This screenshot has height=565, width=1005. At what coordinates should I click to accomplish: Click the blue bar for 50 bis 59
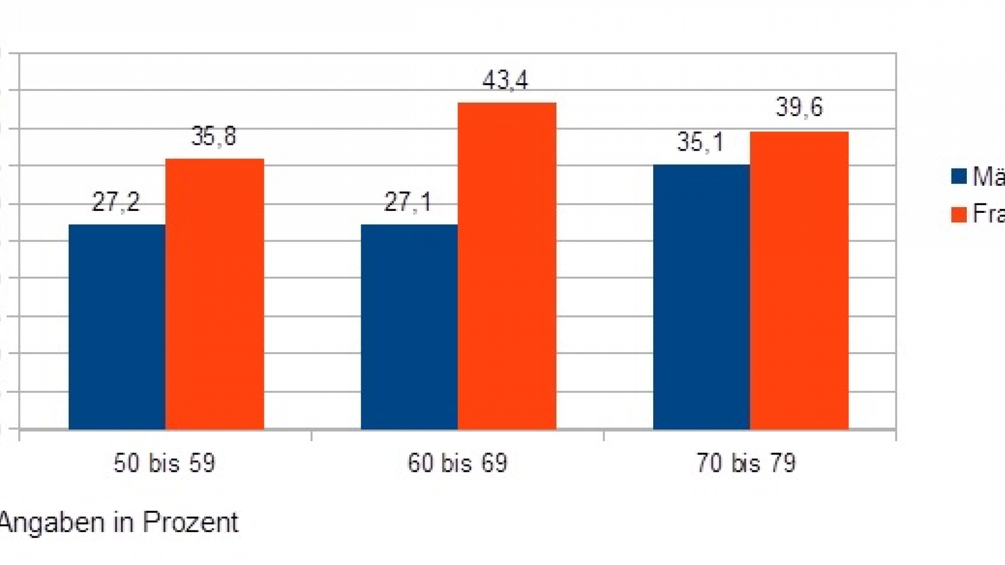click(117, 327)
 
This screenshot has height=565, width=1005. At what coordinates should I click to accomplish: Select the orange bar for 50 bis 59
click(215, 294)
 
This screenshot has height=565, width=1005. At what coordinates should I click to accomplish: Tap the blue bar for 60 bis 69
click(409, 327)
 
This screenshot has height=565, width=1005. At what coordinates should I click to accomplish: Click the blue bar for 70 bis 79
click(701, 297)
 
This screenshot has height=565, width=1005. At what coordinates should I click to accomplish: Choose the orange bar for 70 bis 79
click(799, 280)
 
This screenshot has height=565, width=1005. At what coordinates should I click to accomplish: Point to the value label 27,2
click(116, 202)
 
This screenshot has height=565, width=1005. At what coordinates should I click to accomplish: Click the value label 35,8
click(214, 137)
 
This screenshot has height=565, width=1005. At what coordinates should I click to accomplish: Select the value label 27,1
click(408, 202)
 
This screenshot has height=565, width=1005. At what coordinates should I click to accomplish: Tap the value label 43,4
click(506, 81)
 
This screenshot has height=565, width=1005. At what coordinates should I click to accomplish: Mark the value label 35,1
click(700, 142)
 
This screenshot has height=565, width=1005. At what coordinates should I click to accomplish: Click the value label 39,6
click(799, 107)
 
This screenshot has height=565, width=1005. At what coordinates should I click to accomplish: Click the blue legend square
click(958, 177)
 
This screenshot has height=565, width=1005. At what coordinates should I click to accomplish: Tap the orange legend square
click(958, 214)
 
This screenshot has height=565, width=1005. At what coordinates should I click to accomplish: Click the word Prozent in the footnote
click(191, 522)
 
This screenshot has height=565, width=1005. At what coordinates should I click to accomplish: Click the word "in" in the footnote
click(124, 522)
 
